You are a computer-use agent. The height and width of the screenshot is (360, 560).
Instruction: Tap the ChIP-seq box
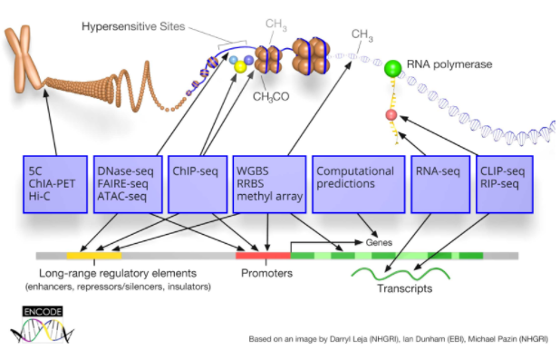click(197, 184)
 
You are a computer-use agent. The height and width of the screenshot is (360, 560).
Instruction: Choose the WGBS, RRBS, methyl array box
click(268, 184)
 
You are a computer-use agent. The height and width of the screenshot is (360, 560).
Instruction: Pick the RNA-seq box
click(438, 184)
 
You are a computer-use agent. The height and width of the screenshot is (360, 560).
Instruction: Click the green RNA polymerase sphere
click(392, 69)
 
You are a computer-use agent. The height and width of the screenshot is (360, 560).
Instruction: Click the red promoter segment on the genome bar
click(263, 256)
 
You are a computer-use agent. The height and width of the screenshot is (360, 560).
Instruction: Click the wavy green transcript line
click(399, 273)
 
